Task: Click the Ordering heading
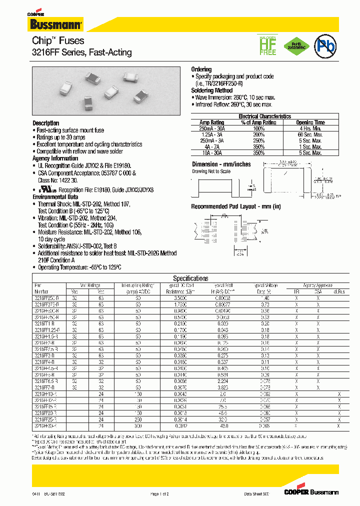tap(201, 69)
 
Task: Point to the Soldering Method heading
tap(212, 90)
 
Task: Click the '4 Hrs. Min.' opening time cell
tap(310, 128)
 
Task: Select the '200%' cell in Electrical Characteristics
tap(258, 135)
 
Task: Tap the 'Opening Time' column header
tap(310, 122)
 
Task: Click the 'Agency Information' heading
tap(55, 158)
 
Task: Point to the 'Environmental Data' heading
tap(56, 197)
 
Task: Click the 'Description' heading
tap(46, 123)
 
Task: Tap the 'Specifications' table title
tap(190, 278)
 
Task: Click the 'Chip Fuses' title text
tap(58, 40)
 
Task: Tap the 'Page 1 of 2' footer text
tap(159, 494)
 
